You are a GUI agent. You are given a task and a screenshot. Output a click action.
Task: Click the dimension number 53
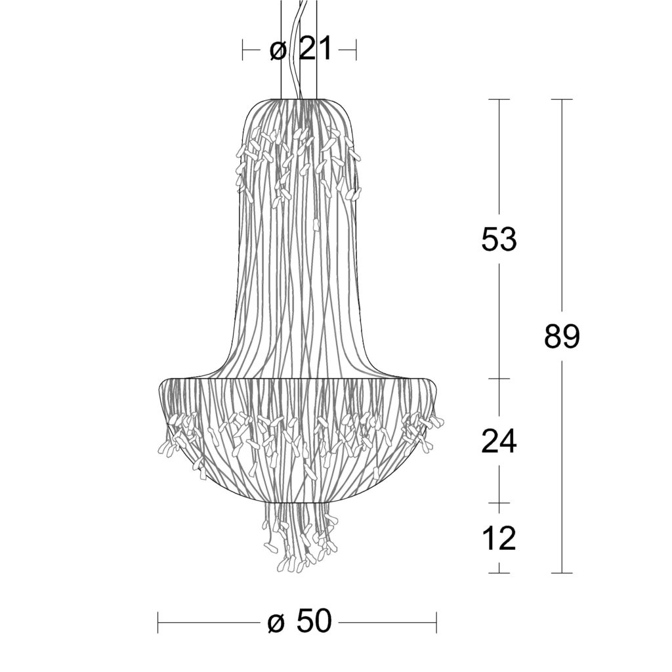point(499,239)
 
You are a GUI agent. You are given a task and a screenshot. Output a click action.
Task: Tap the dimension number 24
point(499,441)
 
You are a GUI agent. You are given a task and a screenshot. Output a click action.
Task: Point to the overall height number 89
point(562,336)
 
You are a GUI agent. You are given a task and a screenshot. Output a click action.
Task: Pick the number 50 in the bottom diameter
point(314,622)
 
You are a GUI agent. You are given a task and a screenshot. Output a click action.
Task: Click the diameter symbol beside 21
point(278,51)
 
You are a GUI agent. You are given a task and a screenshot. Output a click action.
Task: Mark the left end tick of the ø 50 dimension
point(158,622)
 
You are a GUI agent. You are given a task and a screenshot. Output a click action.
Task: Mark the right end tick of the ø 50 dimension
point(436,622)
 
